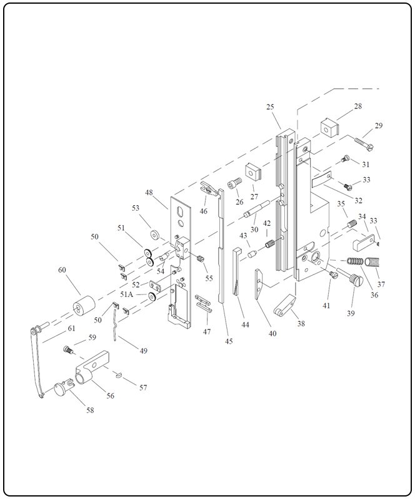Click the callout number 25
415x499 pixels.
270,107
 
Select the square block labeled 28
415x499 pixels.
329,128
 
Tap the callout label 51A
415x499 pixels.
127,294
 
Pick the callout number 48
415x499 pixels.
149,193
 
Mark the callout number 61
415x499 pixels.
72,328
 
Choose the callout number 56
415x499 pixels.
111,395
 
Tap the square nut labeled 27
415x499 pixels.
252,170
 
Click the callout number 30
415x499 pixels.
254,229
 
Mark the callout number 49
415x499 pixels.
143,351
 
